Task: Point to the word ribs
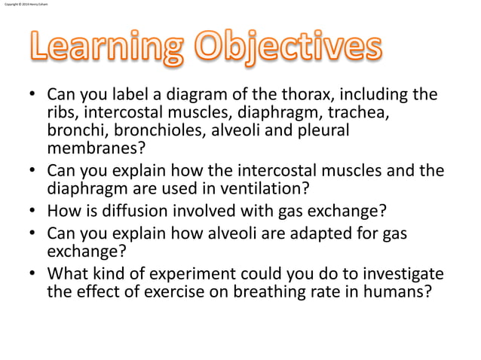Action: pos(60,113)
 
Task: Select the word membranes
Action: pos(91,148)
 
